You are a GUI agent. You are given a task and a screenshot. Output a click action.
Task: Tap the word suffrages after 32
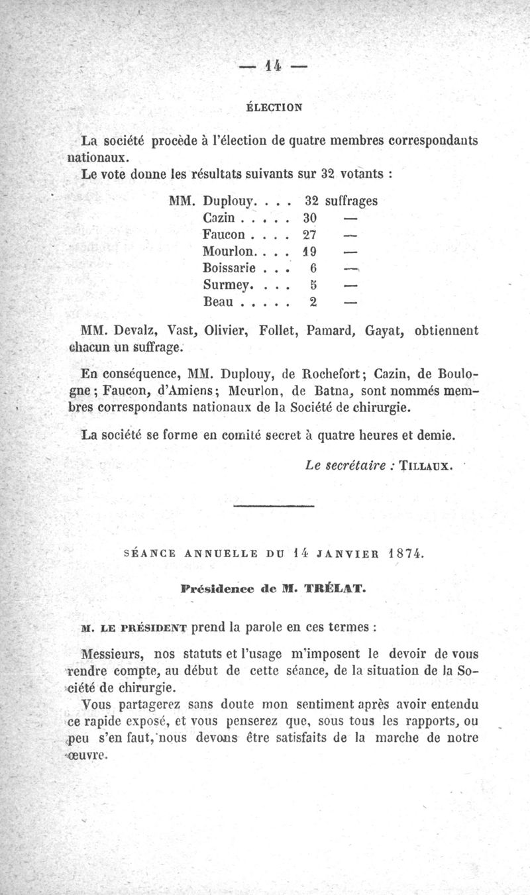click(350, 200)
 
